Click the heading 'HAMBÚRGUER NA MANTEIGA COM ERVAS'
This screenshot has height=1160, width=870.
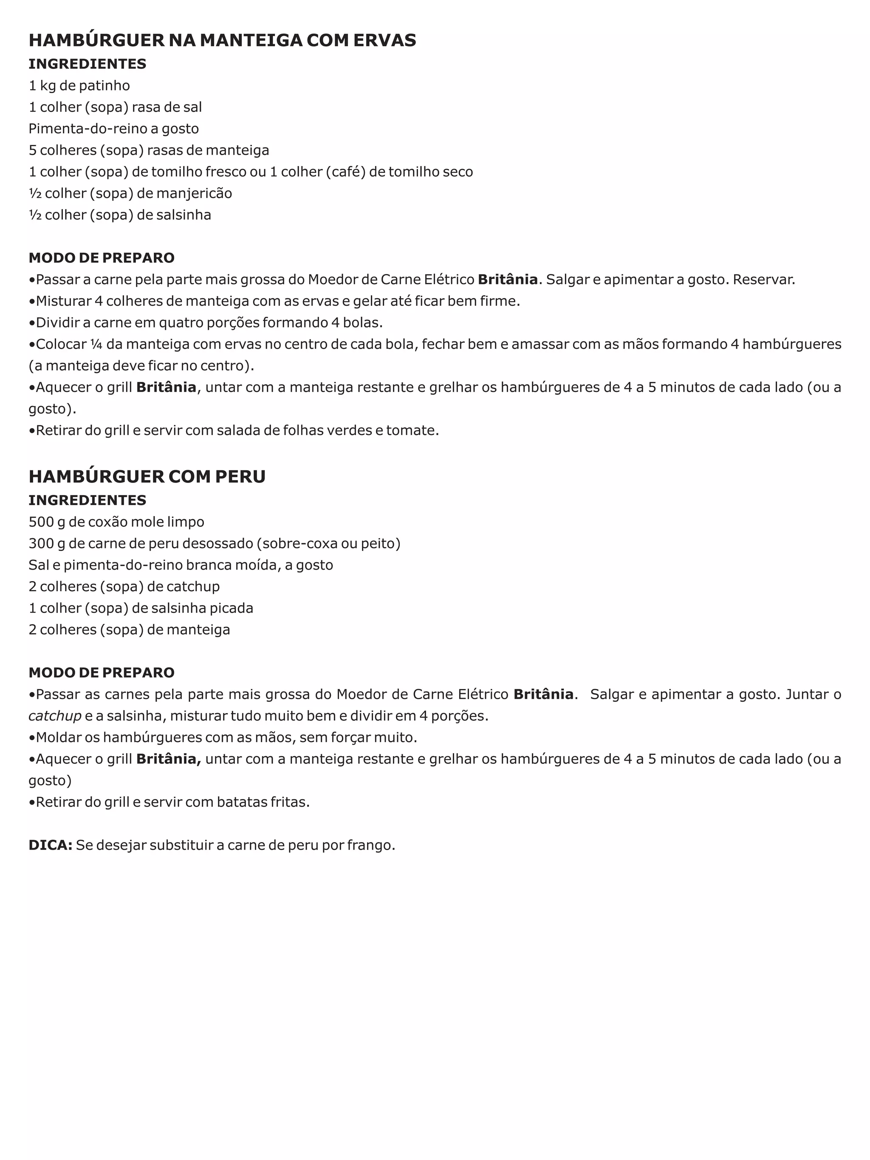(x=222, y=40)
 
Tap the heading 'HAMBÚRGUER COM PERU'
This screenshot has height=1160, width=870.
(x=147, y=476)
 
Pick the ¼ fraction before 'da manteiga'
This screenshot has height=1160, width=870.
(x=96, y=344)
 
